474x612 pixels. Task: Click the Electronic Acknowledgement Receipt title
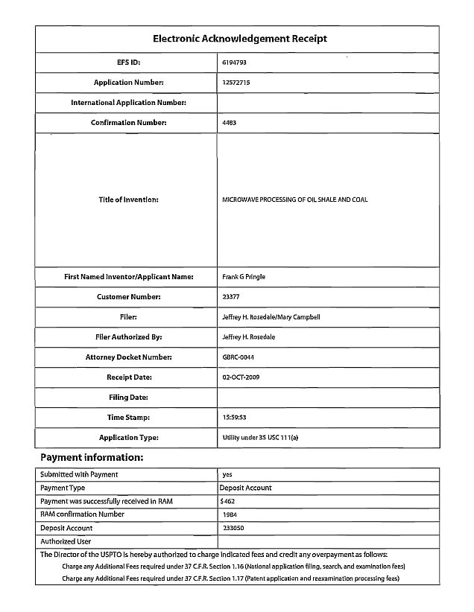point(239,39)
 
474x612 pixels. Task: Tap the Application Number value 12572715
point(236,83)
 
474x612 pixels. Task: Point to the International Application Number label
point(128,103)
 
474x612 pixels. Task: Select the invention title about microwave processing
point(294,200)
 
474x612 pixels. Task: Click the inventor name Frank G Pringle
point(243,277)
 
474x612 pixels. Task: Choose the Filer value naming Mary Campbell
point(271,317)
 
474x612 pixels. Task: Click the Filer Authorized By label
point(128,337)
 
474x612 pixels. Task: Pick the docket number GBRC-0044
point(238,357)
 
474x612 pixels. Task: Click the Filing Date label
point(128,398)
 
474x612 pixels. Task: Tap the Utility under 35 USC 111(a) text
point(260,438)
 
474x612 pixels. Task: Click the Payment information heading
point(92,457)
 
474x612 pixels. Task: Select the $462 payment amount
point(228,501)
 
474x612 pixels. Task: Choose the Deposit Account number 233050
point(233,528)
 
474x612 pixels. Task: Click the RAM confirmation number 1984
point(230,514)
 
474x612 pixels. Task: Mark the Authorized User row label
point(66,541)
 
